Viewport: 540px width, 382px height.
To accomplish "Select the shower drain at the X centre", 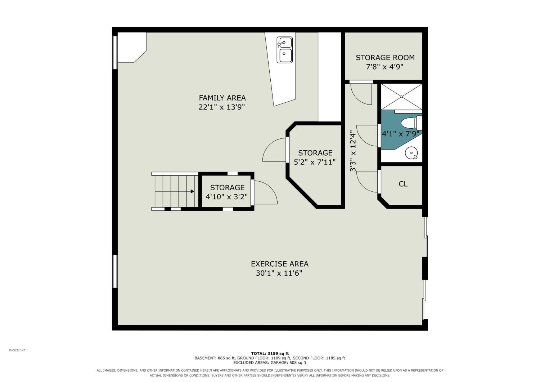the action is point(402,97).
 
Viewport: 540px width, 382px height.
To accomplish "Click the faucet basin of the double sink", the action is point(284,43).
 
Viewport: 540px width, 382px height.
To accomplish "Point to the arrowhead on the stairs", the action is point(192,191).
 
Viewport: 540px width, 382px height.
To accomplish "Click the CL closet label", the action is point(403,184).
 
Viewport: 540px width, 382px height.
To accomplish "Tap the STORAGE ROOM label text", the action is point(385,57).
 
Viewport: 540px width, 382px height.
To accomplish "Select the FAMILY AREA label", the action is point(222,98).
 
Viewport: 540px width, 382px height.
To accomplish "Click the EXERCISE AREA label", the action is point(280,264).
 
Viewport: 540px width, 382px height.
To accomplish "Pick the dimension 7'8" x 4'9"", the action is point(384,67).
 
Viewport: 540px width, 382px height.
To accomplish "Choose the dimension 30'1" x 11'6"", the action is point(279,273).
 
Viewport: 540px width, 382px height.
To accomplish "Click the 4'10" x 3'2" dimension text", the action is point(226,197).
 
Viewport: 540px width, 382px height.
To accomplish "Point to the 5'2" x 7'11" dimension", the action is point(315,162).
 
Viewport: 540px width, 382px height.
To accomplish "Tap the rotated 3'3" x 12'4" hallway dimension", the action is point(353,151).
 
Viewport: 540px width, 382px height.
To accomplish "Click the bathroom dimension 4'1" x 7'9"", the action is point(400,134).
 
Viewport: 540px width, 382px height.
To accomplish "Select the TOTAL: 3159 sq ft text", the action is point(270,354).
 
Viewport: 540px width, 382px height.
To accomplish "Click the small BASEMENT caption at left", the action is point(17,350).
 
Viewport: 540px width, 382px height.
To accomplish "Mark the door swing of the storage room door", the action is point(361,94).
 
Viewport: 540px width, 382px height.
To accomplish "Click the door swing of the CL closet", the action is point(366,182).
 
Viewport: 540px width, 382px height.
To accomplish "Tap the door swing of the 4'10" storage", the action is point(266,192).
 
